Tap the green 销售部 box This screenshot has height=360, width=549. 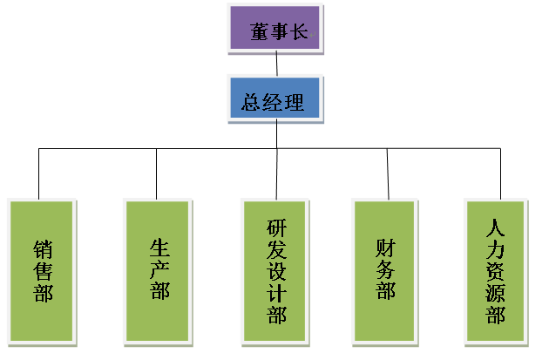tap(42, 270)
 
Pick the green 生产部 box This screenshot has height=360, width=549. tap(158, 270)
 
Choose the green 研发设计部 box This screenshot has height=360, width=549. tap(275, 270)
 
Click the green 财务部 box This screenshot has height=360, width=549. tap(385, 270)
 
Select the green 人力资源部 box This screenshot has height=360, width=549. tap(496, 270)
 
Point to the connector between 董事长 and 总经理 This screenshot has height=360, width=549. tap(276, 64)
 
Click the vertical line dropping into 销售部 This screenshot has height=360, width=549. tap(39, 174)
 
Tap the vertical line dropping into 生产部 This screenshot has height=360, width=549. tap(157, 174)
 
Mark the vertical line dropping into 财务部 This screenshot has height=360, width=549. tap(387, 174)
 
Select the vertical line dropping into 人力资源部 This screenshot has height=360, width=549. tap(501, 174)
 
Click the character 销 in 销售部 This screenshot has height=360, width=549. tap(43, 248)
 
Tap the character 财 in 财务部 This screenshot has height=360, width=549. tap(386, 248)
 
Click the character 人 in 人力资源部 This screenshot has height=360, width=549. tap(496, 228)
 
